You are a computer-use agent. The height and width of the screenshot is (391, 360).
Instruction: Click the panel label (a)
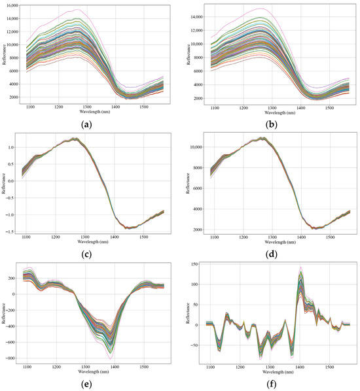pyautogui.click(x=86, y=124)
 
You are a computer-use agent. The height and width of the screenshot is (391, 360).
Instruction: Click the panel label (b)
pyautogui.click(x=272, y=124)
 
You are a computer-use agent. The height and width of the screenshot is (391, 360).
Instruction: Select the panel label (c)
pyautogui.click(x=86, y=254)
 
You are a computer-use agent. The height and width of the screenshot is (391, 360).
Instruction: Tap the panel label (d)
pyautogui.click(x=272, y=254)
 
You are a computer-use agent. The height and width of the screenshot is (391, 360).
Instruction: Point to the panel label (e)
pyautogui.click(x=86, y=384)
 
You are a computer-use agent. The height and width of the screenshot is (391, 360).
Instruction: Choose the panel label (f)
pyautogui.click(x=272, y=384)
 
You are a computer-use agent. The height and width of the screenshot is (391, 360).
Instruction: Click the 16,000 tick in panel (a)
pyautogui.click(x=12, y=5)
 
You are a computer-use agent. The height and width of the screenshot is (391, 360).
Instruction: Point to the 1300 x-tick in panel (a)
pyautogui.click(x=87, y=107)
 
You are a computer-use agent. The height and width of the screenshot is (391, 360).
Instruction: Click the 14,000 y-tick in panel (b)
pyautogui.click(x=196, y=17)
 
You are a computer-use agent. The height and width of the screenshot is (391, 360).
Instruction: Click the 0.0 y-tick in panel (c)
pyautogui.click(x=10, y=181)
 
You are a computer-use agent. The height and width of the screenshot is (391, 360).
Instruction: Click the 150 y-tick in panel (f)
pyautogui.click(x=195, y=264)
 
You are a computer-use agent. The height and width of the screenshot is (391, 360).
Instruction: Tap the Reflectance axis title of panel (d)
pyautogui.click(x=188, y=183)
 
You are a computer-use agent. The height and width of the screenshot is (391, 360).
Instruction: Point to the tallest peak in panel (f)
pyautogui.click(x=301, y=267)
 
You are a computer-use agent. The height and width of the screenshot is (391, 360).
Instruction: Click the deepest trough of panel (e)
pyautogui.click(x=111, y=359)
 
